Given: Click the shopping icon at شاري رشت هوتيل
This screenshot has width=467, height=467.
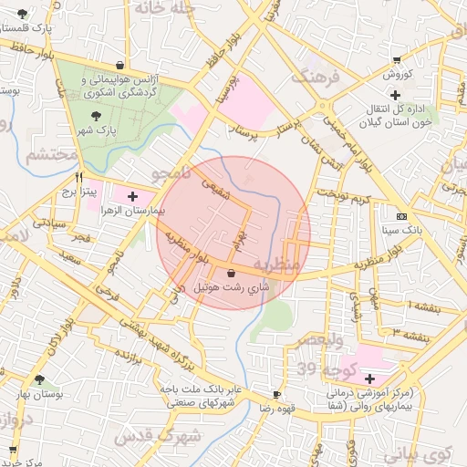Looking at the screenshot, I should pyautogui.click(x=230, y=273).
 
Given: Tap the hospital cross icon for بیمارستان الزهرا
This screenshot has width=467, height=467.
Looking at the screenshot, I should pyautogui.click(x=132, y=195).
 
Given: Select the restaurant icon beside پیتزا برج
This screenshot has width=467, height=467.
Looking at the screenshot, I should pyautogui.click(x=80, y=178).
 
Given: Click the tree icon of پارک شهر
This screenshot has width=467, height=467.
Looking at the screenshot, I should pyautogui.click(x=97, y=116).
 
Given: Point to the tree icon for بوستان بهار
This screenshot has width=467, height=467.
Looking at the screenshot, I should pyautogui.click(x=38, y=379).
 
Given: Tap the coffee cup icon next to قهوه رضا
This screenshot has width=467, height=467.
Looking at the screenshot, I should pyautogui.click(x=277, y=395).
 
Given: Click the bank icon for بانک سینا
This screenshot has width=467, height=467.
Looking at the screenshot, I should pyautogui.click(x=402, y=216).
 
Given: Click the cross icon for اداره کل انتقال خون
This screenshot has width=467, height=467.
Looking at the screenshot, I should pyautogui.click(x=394, y=95).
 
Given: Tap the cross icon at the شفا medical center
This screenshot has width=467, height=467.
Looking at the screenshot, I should pyautogui.click(x=369, y=379).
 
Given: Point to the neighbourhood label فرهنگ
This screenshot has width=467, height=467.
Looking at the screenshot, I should pyautogui.click(x=317, y=77).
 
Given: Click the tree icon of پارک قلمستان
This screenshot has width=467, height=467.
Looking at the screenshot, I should pyautogui.click(x=22, y=14).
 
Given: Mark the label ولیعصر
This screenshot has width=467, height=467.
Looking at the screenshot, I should pyautogui.click(x=319, y=340).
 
